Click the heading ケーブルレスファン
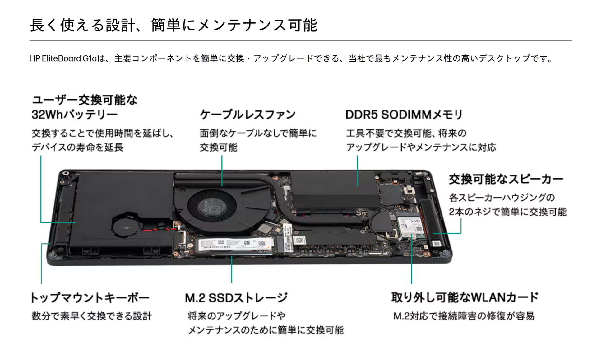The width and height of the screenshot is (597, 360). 248,115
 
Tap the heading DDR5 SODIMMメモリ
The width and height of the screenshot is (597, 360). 404,115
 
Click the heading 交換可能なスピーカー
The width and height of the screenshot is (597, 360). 506,179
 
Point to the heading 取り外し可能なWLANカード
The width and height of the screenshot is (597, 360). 465,297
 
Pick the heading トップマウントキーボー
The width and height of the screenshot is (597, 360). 90,298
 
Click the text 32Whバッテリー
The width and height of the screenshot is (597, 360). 75,115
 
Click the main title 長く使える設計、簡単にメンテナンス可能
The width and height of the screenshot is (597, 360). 173,25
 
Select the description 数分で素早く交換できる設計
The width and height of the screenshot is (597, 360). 92,316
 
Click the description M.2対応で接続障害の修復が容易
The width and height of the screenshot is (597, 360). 464,316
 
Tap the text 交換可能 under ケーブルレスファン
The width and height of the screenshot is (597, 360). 219,147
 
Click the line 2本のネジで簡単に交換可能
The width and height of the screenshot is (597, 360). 507,212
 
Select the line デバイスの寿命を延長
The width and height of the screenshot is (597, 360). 77,147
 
